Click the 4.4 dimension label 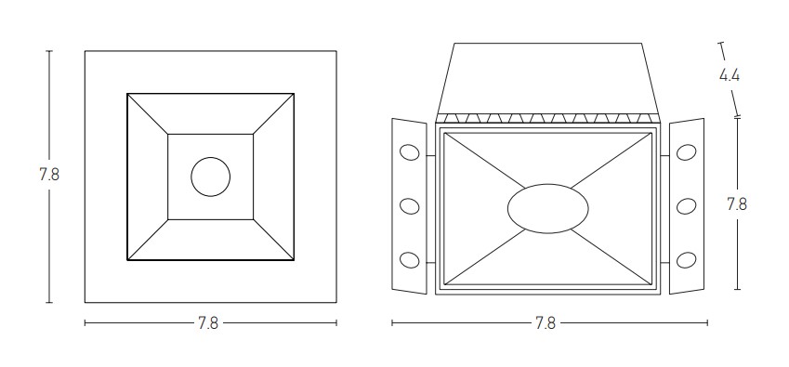[730, 75]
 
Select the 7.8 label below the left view [208, 322]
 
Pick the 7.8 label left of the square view [49, 175]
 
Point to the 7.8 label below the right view [546, 322]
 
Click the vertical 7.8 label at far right [737, 204]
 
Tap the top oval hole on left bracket [409, 151]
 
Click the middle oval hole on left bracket [409, 206]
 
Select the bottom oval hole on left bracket [409, 260]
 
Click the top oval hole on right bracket [687, 151]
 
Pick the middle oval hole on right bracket [687, 206]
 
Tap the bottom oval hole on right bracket [687, 260]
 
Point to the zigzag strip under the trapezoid [547, 118]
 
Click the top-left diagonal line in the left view [148, 114]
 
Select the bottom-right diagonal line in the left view [273, 240]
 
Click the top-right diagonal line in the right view [611, 161]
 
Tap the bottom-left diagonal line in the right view [485, 256]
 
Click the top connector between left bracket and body [430, 156]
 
